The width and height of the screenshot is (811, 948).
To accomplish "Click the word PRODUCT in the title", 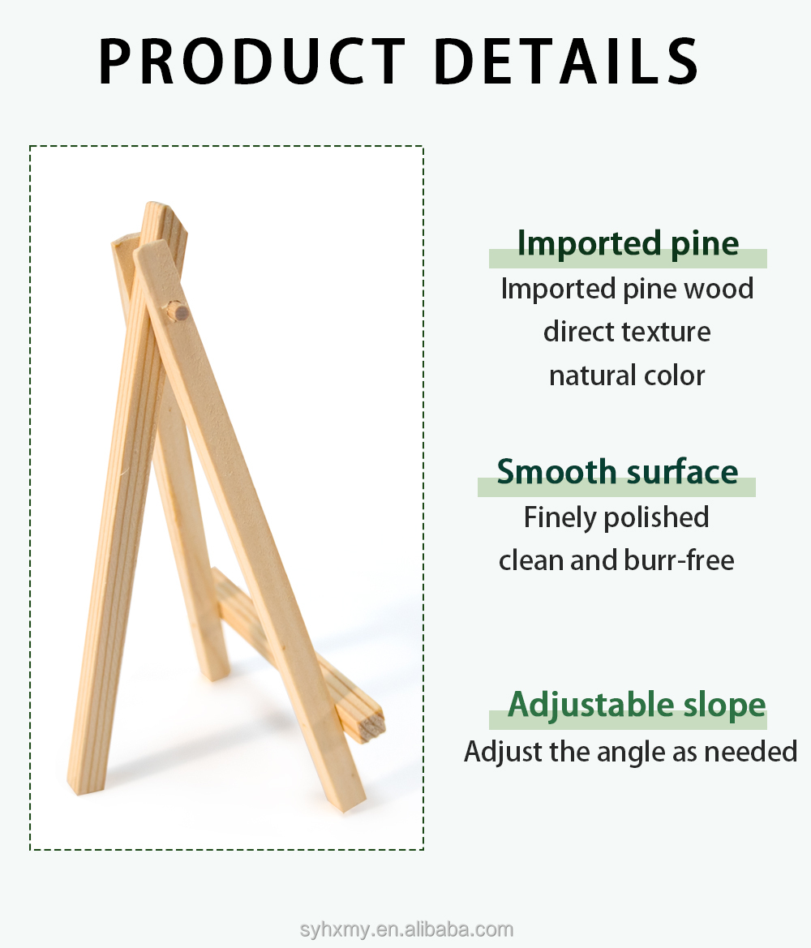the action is [x=251, y=61].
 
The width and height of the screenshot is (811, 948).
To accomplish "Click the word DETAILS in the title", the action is [x=567, y=61].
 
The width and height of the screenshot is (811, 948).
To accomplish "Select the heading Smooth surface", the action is [x=617, y=472].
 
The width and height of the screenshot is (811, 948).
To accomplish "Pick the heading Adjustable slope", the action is [x=637, y=705].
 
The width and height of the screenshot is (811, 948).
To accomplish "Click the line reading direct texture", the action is [x=627, y=332].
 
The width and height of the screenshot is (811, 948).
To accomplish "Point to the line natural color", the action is [x=627, y=375].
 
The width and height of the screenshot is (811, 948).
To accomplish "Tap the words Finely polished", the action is [x=616, y=517].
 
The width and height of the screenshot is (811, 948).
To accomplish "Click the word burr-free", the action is [x=679, y=560].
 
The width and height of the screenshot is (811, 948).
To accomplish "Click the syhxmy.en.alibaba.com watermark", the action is [x=406, y=929].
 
